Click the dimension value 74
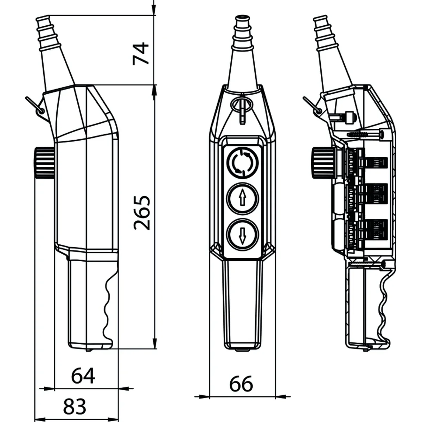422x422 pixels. (x=141, y=53)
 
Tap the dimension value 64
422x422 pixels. (x=83, y=376)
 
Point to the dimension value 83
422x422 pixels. (x=75, y=407)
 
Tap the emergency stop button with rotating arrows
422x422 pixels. (x=243, y=162)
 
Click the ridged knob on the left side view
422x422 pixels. (x=44, y=162)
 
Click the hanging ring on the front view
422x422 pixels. (x=242, y=104)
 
